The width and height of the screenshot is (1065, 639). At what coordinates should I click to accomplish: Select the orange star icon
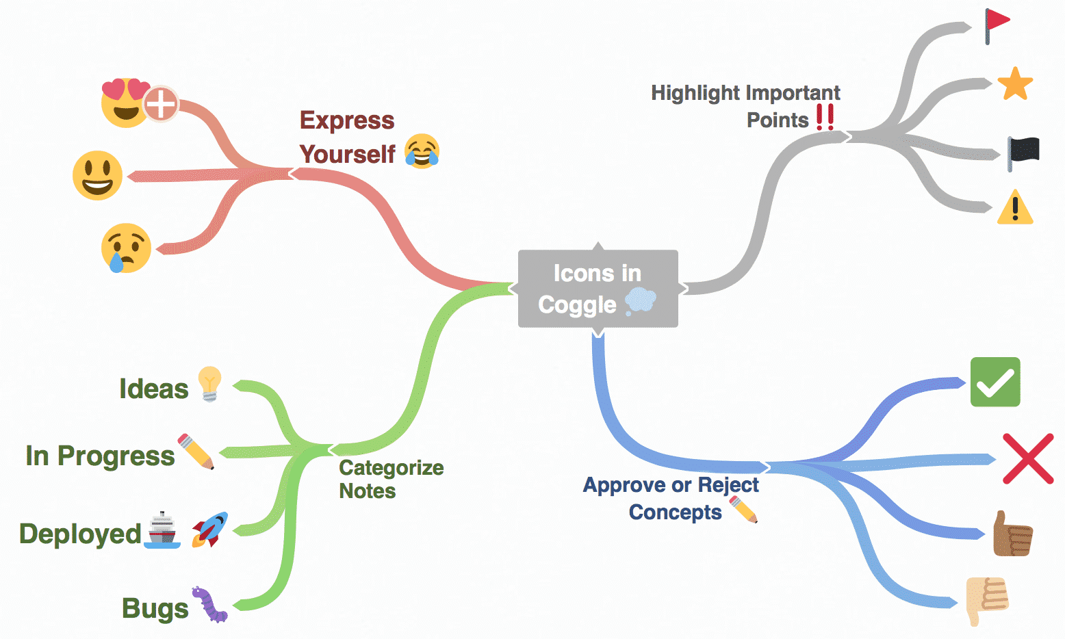pos(1015,84)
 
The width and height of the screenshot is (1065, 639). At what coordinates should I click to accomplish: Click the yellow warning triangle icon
pos(1015,207)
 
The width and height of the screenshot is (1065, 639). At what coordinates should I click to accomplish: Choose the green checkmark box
pos(995,382)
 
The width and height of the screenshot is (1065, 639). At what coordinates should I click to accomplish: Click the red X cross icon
pos(1028,458)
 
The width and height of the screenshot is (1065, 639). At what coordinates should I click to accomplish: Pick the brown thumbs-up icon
pos(1012,534)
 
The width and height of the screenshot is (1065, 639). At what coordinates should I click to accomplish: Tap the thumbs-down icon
pos(986,599)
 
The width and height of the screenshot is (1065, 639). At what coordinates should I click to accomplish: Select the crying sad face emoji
pos(125,248)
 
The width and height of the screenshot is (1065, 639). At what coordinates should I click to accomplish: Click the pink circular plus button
pos(162,105)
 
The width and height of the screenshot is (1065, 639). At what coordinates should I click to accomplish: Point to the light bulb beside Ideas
pos(209,384)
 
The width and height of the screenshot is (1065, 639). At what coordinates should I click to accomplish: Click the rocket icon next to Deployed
pos(209,530)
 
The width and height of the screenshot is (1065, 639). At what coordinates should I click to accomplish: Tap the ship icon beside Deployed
pos(162,530)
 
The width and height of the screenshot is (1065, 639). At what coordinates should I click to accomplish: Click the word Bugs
pos(155,608)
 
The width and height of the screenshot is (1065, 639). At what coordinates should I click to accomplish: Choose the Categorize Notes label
pos(391,479)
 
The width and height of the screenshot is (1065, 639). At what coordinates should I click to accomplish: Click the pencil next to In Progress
pos(196,452)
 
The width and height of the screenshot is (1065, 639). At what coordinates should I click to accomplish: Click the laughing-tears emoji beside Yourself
pos(422,151)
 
